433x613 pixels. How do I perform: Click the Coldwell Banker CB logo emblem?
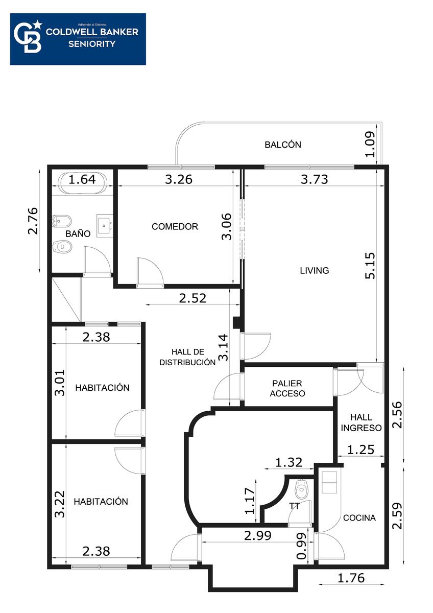pyautogui.click(x=28, y=38)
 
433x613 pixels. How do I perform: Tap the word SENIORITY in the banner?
pyautogui.click(x=91, y=44)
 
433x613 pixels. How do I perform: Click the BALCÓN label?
pyautogui.click(x=283, y=145)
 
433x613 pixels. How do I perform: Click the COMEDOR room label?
pyautogui.click(x=175, y=227)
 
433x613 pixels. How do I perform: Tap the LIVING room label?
pyautogui.click(x=315, y=270)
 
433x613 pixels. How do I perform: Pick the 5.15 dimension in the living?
pyautogui.click(x=370, y=266)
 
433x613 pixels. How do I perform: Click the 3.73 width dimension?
pyautogui.click(x=315, y=179)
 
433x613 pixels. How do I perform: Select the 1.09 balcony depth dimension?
pyautogui.click(x=370, y=145)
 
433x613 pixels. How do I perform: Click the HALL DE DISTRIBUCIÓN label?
pyautogui.click(x=187, y=357)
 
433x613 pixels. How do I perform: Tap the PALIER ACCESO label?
pyautogui.click(x=287, y=388)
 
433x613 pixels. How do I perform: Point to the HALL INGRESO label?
pyautogui.click(x=361, y=422)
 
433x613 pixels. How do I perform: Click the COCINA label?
pyautogui.click(x=359, y=518)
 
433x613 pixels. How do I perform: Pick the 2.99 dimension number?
pyautogui.click(x=258, y=535)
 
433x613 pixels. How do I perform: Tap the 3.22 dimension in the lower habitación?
pyautogui.click(x=60, y=504)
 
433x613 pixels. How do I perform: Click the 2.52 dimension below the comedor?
pyautogui.click(x=193, y=298)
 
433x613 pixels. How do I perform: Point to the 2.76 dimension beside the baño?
pyautogui.click(x=33, y=221)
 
